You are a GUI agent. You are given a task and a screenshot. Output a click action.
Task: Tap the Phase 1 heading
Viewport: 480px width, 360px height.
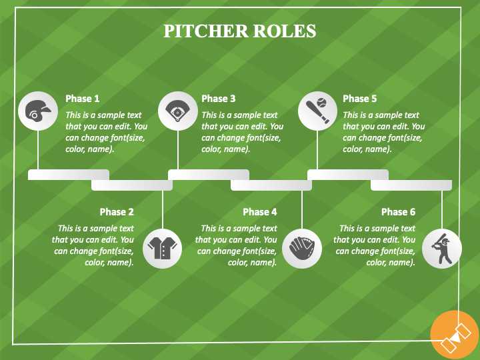[83, 99]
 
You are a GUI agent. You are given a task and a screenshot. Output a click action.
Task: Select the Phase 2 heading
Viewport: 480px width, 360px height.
[117, 212]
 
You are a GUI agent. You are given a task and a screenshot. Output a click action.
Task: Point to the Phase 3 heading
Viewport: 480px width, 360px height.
[219, 99]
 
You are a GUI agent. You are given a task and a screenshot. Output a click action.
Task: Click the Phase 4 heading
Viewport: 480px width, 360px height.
[260, 212]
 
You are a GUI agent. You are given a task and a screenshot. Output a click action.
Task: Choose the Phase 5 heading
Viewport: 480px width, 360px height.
[360, 99]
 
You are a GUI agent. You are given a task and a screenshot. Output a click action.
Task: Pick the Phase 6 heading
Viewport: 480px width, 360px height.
[398, 212]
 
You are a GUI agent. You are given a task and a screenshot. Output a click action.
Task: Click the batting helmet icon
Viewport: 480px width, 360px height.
[38, 111]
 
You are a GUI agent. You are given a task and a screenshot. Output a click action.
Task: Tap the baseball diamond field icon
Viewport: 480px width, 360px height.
[177, 111]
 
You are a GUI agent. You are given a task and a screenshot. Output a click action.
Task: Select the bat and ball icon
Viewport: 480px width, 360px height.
[317, 111]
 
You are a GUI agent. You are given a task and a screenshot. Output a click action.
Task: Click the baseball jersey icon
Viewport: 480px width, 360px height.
[162, 248]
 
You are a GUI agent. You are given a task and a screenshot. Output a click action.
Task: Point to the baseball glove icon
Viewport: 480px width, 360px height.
[301, 248]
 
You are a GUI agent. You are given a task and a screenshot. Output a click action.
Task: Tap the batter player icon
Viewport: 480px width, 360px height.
[442, 249]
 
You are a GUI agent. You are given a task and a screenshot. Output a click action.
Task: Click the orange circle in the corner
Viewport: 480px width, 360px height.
[455, 335]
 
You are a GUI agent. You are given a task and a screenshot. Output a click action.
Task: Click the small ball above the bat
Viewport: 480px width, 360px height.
[322, 102]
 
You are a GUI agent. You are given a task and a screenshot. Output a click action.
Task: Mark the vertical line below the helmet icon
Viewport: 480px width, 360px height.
[38, 150]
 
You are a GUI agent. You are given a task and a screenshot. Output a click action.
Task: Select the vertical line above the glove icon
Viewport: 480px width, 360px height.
[302, 210]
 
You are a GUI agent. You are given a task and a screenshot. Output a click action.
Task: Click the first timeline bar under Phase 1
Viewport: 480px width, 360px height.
[69, 175]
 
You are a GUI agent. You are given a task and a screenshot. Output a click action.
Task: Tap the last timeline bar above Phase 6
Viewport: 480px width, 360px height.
[411, 185]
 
